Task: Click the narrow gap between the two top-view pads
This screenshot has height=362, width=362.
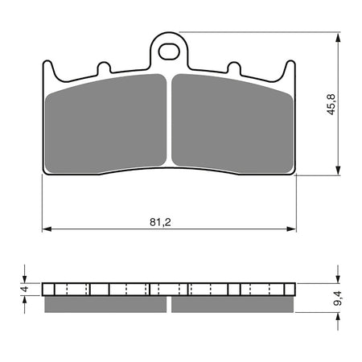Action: [x=169, y=121]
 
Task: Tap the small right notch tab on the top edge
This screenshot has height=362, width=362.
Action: [x=235, y=68]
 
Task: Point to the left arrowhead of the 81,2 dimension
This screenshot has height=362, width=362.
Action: [x=46, y=228]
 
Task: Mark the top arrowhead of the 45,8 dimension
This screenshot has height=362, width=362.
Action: [x=335, y=37]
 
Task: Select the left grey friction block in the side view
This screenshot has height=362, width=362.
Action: [x=107, y=304]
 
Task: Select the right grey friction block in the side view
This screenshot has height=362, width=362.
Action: [x=233, y=304]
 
